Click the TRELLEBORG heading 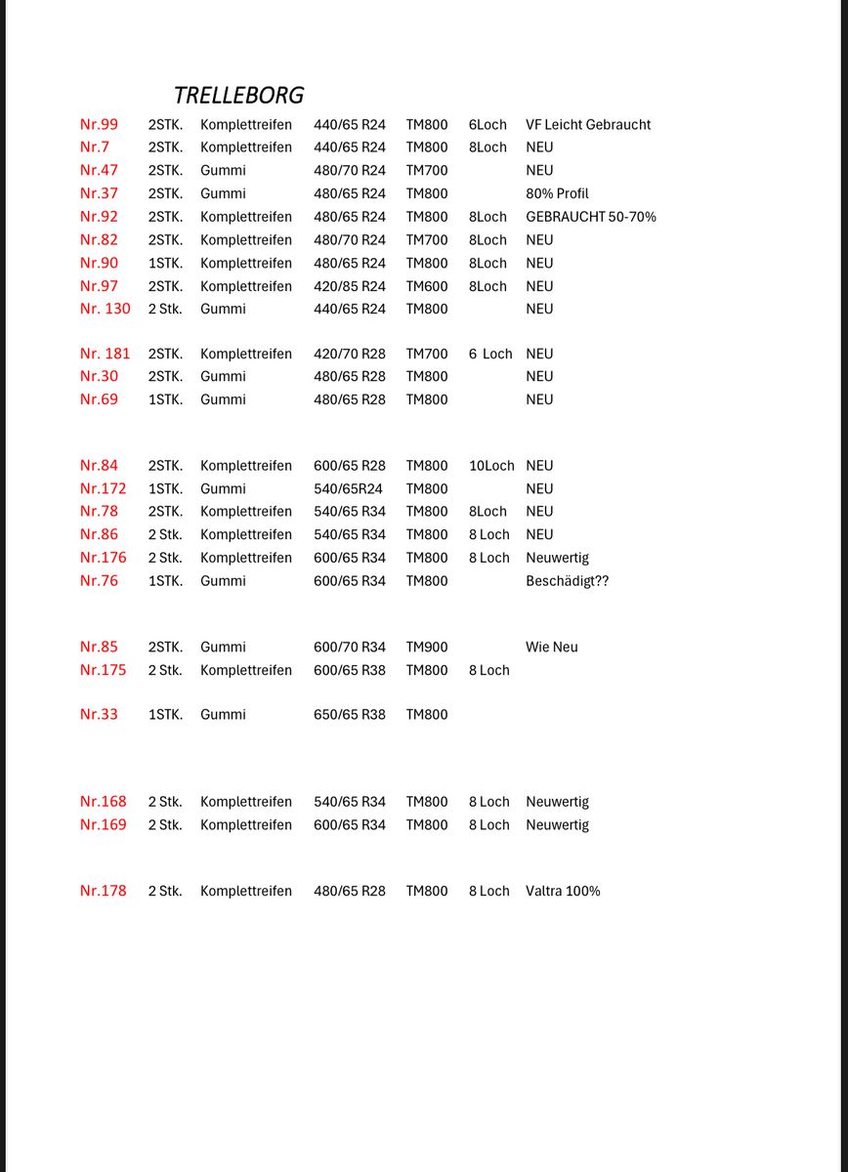coord(238,95)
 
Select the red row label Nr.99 coord(99,124)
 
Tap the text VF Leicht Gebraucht coord(588,124)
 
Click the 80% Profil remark coord(557,193)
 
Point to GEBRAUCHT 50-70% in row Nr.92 coord(591,217)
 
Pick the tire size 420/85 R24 coord(350,286)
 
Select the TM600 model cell coord(427,286)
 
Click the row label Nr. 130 coord(105,309)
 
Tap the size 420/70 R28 coord(350,354)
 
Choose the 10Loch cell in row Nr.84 coord(491,466)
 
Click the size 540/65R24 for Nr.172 coord(348,488)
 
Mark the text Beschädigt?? coord(567,581)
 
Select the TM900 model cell coord(427,647)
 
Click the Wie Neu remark coord(552,647)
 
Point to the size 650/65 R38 coord(350,714)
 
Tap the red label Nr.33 coord(99,714)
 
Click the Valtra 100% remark coord(563,891)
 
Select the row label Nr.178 coord(103,891)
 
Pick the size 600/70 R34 coord(350,647)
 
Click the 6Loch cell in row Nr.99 coord(488,124)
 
